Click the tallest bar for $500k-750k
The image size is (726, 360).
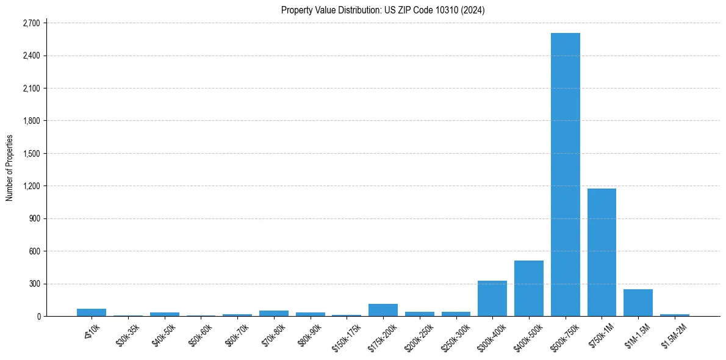coord(565,175)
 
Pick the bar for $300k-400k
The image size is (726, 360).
coord(492,298)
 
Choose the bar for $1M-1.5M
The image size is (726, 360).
coord(638,303)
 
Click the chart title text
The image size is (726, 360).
coord(383,10)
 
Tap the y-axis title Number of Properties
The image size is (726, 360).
coord(10,168)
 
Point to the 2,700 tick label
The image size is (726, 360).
coord(31,23)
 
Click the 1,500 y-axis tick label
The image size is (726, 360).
coord(31,154)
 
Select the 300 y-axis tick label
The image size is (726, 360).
coord(35,284)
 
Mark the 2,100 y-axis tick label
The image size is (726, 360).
coord(31,88)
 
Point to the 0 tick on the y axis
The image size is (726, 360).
coord(38,317)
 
